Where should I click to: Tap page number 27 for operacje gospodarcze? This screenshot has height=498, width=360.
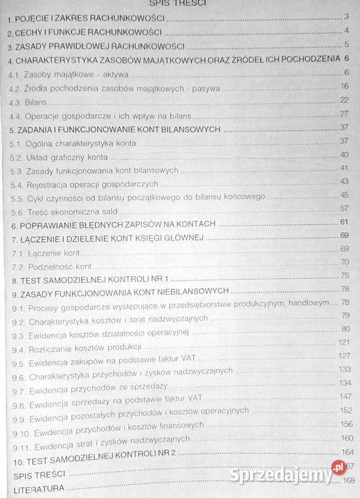(x=343, y=113)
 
